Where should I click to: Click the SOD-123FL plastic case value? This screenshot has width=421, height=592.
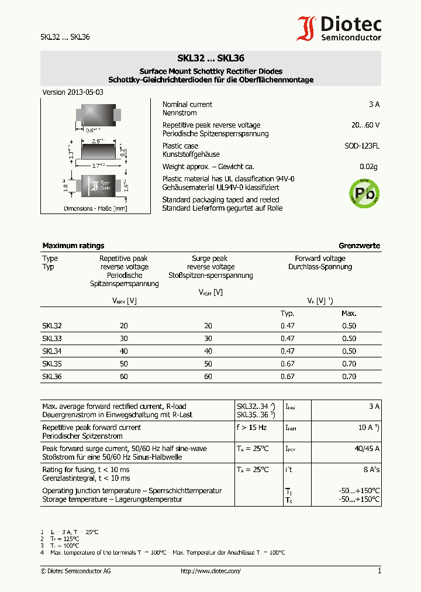(x=361, y=146)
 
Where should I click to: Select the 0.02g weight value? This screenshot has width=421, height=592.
(x=368, y=167)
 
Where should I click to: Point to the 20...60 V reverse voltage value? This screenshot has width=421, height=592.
(x=365, y=125)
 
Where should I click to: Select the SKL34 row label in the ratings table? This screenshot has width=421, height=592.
(x=51, y=352)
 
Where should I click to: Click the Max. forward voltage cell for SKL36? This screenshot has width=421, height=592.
(x=348, y=377)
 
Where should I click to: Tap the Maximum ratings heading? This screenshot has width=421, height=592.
(x=73, y=246)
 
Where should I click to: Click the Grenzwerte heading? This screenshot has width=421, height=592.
(x=359, y=246)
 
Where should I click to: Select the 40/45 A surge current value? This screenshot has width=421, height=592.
(x=367, y=449)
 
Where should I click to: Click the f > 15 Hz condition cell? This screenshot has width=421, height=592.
(x=251, y=428)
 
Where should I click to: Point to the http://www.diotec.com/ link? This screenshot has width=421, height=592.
(x=210, y=571)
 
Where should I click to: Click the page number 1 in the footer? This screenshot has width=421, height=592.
(x=379, y=571)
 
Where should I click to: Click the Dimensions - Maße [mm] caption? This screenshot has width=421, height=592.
(x=95, y=208)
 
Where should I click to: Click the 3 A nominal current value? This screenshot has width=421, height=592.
(x=374, y=104)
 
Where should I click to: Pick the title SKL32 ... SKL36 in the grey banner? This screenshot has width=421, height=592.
(x=210, y=58)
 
